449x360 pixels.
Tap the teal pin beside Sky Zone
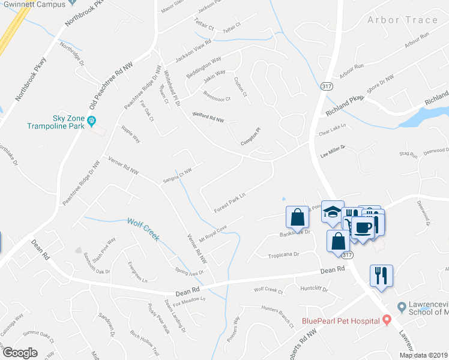pos(92,122)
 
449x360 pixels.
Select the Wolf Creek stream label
pos(143,229)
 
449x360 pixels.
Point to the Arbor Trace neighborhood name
pos(402,20)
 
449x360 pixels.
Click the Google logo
pos(20,353)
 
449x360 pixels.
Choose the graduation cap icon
pos(332,211)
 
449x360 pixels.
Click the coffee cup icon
pos(364,227)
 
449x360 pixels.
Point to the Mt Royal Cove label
pos(213,231)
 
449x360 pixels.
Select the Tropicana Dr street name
pos(283,254)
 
